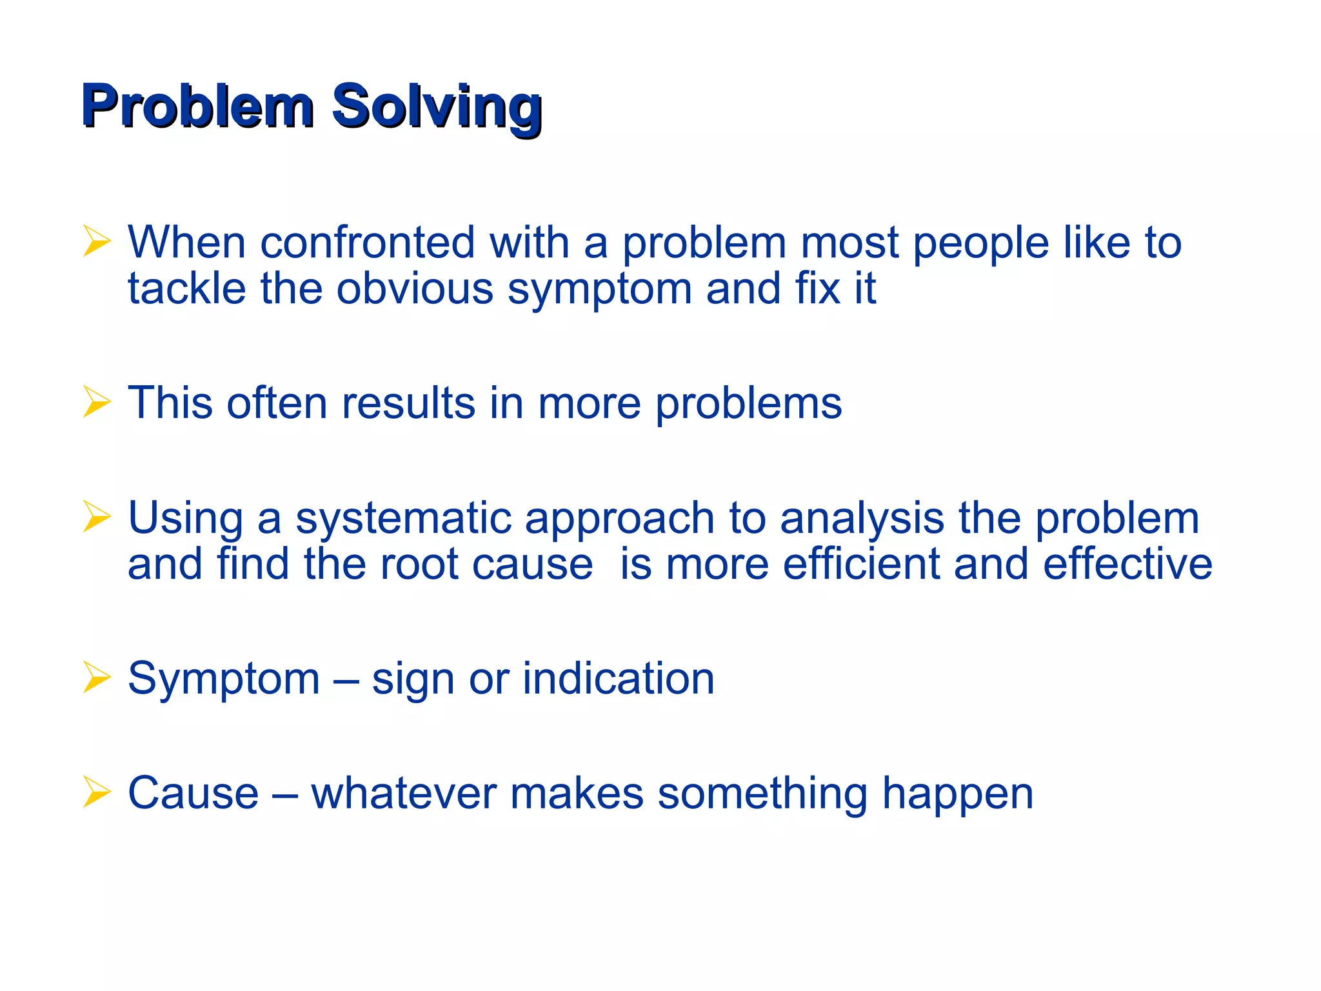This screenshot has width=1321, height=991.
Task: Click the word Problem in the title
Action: pyautogui.click(x=197, y=106)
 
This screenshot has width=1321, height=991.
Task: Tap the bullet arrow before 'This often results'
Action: pyautogui.click(x=97, y=403)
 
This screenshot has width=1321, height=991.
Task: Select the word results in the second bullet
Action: pyautogui.click(x=408, y=403)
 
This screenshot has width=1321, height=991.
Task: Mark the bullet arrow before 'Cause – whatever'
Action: pyautogui.click(x=97, y=793)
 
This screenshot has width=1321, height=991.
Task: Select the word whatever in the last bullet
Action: pyautogui.click(x=404, y=794)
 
